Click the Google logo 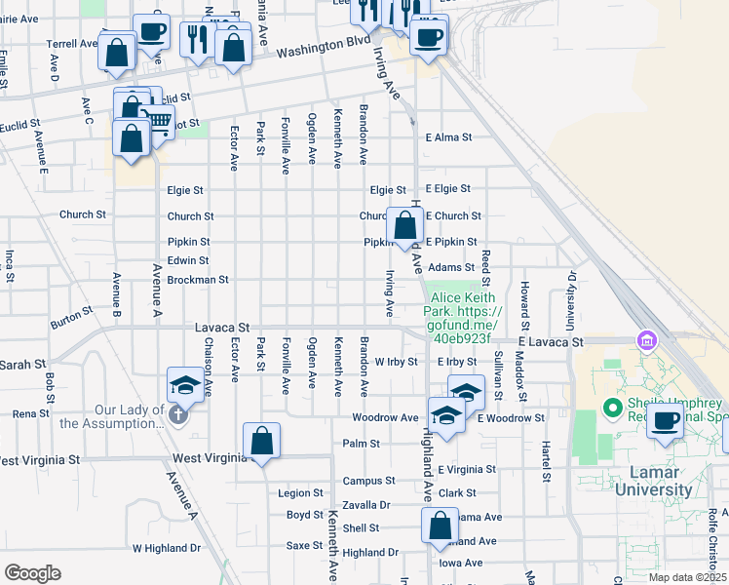(31, 573)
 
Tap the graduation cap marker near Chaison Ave (184, 386)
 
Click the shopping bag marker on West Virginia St (262, 442)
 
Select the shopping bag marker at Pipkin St (404, 226)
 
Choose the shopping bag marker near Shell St (440, 526)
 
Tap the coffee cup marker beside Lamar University (667, 420)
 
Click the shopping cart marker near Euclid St (159, 121)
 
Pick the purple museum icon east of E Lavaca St (644, 341)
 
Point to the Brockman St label (198, 280)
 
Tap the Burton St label (71, 316)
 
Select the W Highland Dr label (166, 549)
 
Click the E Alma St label (447, 138)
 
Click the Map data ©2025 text (685, 577)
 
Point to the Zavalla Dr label (366, 505)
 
